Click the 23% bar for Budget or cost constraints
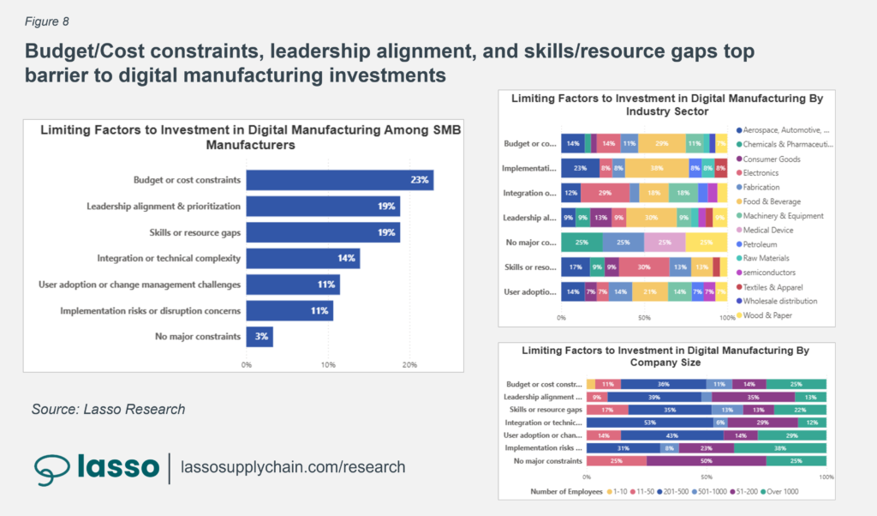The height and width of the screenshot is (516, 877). (x=339, y=180)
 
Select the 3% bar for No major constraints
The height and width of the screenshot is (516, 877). (x=260, y=336)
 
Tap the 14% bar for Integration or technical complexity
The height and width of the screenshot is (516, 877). (x=302, y=258)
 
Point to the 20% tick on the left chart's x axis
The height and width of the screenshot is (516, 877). (x=409, y=365)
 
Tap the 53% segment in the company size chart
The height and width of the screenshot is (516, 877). (x=649, y=423)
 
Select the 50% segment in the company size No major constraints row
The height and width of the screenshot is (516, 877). (x=707, y=460)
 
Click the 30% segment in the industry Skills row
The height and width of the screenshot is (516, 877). (x=643, y=267)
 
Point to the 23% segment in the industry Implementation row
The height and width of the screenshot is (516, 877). (x=580, y=169)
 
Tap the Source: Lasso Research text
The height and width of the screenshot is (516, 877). (x=108, y=410)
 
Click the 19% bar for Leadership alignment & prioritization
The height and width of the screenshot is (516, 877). (x=323, y=206)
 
